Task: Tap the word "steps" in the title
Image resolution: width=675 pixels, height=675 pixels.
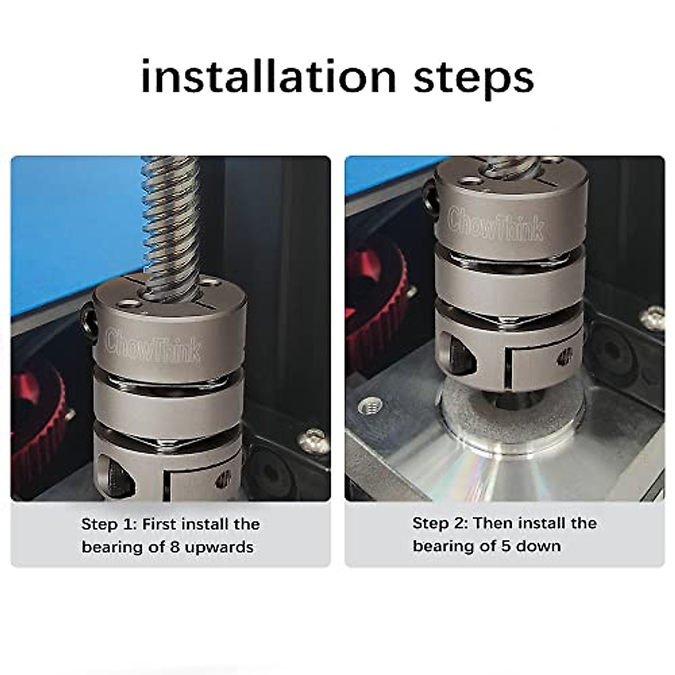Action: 474,79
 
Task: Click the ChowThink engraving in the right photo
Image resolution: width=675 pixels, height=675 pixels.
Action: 496,224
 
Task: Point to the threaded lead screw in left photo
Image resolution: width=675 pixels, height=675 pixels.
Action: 172,219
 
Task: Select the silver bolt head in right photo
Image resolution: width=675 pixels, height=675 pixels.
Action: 652,318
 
